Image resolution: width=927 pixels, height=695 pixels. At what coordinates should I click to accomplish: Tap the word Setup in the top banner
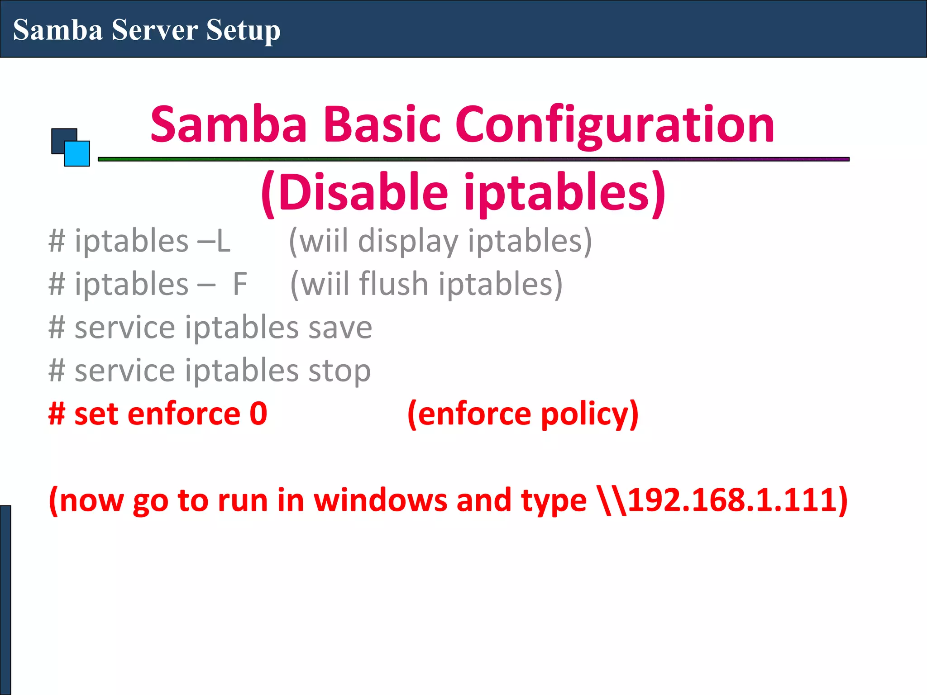click(x=243, y=31)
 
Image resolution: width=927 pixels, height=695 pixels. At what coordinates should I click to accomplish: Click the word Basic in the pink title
click(x=382, y=124)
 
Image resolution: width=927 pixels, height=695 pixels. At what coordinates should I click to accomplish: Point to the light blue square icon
click(x=77, y=154)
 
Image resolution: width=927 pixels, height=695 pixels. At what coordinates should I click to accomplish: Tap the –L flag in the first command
click(x=214, y=241)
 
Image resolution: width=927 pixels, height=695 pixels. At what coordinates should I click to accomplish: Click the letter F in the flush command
click(x=240, y=284)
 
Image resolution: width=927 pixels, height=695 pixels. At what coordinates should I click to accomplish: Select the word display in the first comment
click(x=408, y=242)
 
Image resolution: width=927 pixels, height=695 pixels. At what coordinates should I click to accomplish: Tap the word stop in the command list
click(x=339, y=371)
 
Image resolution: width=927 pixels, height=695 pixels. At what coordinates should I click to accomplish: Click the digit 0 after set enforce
click(x=258, y=414)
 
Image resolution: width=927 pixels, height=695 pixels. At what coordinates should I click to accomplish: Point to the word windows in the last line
click(x=380, y=500)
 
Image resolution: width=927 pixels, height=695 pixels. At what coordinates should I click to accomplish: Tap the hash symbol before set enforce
click(x=57, y=414)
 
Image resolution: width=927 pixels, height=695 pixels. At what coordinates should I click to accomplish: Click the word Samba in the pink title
click(x=229, y=124)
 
